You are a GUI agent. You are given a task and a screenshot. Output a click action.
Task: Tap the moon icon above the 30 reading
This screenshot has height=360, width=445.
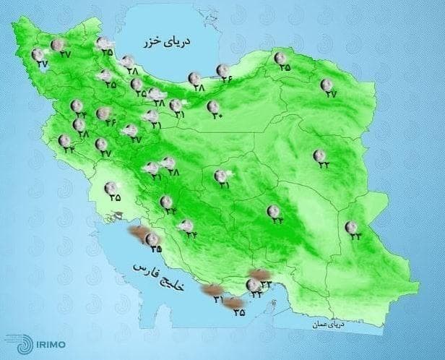[213, 106]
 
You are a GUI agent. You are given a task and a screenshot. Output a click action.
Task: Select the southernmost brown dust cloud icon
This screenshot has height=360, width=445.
[233, 304]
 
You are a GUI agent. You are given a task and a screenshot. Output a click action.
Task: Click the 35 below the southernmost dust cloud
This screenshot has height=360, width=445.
[240, 314]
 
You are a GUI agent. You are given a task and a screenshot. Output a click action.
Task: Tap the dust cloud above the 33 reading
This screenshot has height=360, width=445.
[258, 275]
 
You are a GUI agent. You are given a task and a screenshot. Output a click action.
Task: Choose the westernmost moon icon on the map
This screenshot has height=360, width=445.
[38, 55]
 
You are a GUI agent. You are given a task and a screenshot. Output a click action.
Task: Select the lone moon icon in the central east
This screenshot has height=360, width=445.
[319, 155]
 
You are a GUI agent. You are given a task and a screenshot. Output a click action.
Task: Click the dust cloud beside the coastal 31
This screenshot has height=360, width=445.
[212, 291]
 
